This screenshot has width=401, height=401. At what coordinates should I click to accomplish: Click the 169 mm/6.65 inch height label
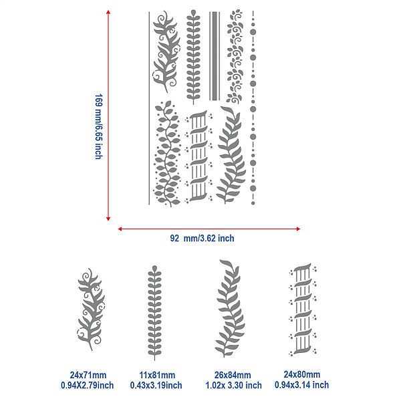[x=99, y=126]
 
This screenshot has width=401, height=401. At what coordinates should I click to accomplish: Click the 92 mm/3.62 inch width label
[x=202, y=239]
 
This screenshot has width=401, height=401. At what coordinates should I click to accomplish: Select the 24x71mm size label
[x=88, y=375]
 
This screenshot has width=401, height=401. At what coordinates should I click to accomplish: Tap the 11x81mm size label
[x=157, y=375]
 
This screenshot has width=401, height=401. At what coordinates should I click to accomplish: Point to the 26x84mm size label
[x=233, y=375]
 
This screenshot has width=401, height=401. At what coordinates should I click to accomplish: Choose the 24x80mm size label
[x=302, y=374]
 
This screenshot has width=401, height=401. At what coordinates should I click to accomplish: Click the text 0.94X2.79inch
[x=87, y=385]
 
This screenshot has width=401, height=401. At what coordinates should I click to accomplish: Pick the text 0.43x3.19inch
[x=156, y=385]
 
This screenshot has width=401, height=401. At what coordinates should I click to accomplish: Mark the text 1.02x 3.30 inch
[x=233, y=385]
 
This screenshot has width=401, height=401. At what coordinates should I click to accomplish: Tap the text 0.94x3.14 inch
[x=302, y=385]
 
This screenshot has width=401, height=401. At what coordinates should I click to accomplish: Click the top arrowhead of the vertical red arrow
[x=108, y=12]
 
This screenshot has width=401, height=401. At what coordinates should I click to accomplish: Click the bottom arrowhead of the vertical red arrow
[x=108, y=219]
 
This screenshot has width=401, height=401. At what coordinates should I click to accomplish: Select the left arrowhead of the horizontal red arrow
[x=120, y=229]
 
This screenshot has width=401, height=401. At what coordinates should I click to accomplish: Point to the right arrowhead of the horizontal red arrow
[x=298, y=229]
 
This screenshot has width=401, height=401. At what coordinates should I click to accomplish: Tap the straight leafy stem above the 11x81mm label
[x=154, y=313]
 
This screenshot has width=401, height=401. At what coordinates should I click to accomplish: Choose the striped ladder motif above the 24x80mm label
[x=303, y=309]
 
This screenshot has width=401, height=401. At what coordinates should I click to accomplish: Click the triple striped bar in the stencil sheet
[x=215, y=56]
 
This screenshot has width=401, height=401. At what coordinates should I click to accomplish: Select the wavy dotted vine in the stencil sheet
[x=167, y=154]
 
